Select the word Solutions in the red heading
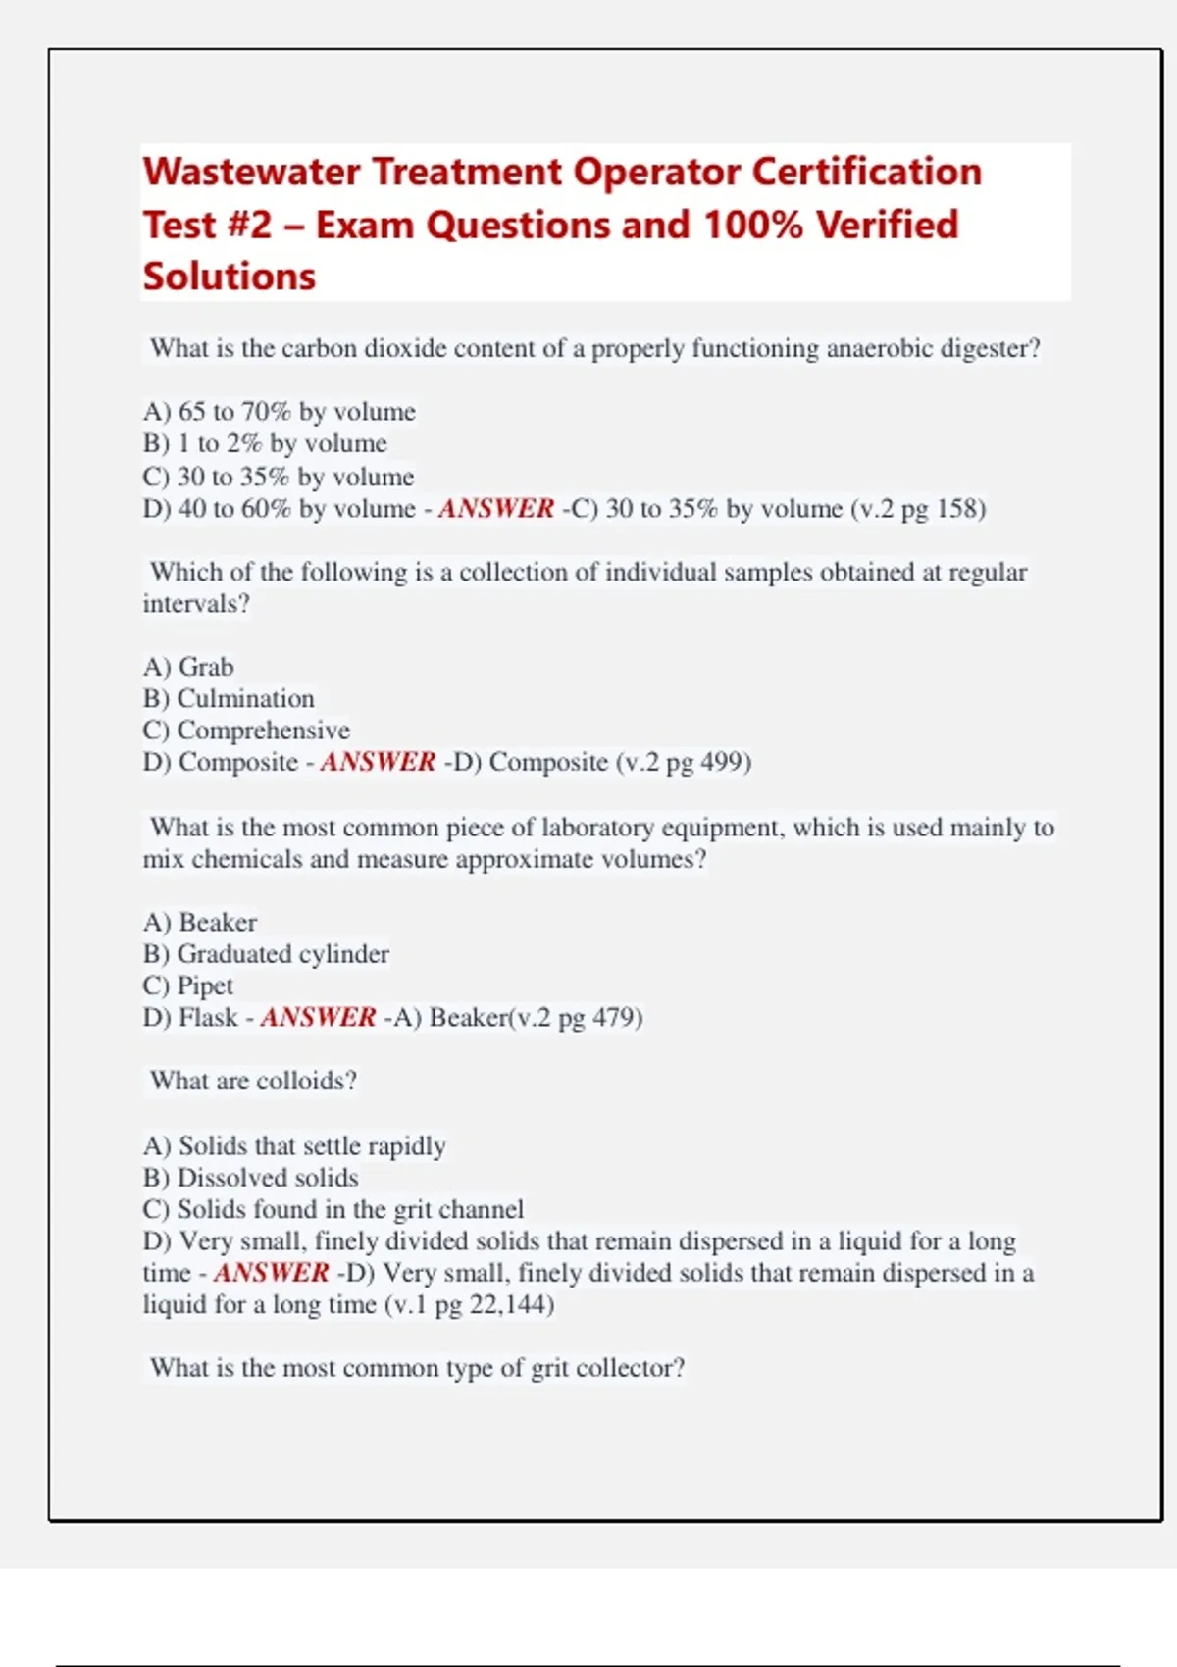pyautogui.click(x=230, y=278)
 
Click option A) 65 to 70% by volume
pyautogui.click(x=280, y=412)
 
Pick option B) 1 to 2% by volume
pyautogui.click(x=265, y=443)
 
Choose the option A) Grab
pyautogui.click(x=188, y=667)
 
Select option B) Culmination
pyautogui.click(x=229, y=699)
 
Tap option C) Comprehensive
pyautogui.click(x=246, y=731)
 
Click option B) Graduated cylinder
pyautogui.click(x=266, y=954)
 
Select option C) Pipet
pyautogui.click(x=188, y=985)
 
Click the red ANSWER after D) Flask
pyautogui.click(x=318, y=1018)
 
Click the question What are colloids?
pyautogui.click(x=253, y=1081)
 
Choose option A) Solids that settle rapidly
pyautogui.click(x=294, y=1146)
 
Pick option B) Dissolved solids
pyautogui.click(x=250, y=1178)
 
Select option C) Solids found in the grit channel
pyautogui.click(x=333, y=1209)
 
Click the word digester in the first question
pyautogui.click(x=990, y=349)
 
